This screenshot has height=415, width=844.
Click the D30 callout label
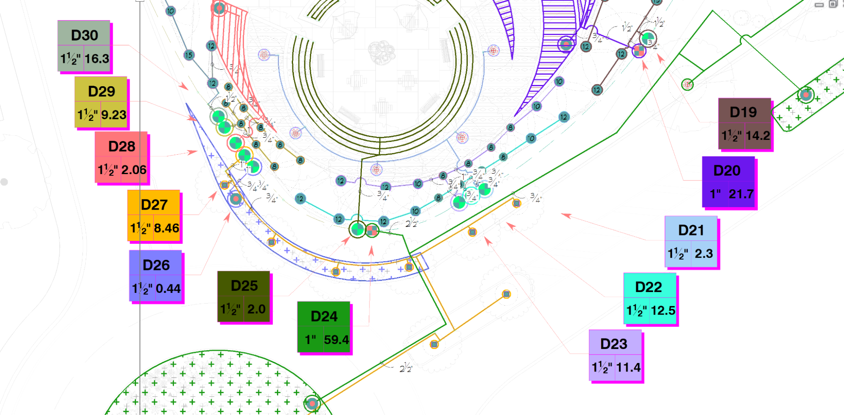point(84,35)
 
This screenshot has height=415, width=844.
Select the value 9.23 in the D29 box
point(114,115)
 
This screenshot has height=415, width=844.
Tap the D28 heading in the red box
point(122,147)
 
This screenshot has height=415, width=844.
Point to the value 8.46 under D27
point(166,228)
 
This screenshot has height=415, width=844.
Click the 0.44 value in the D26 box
point(168,289)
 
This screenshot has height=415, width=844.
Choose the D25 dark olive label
point(244,286)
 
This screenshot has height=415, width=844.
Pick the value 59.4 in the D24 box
point(336,340)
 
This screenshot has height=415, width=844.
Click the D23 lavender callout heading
point(613,344)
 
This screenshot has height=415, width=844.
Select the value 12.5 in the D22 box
point(663,311)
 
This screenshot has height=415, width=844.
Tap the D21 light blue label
point(691,230)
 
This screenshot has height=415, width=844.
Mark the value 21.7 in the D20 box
point(741,194)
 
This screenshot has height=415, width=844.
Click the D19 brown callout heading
point(743,112)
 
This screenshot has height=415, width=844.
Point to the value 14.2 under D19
point(757,136)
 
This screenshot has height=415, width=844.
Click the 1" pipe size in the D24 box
point(310,340)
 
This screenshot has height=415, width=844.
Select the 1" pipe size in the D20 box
point(715,194)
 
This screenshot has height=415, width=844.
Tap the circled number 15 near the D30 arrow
point(189,55)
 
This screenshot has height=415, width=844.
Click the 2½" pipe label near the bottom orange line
point(406,368)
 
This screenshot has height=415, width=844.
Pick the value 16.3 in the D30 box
point(97,59)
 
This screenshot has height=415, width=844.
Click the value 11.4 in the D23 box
point(628,367)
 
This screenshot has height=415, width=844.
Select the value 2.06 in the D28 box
point(134,170)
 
